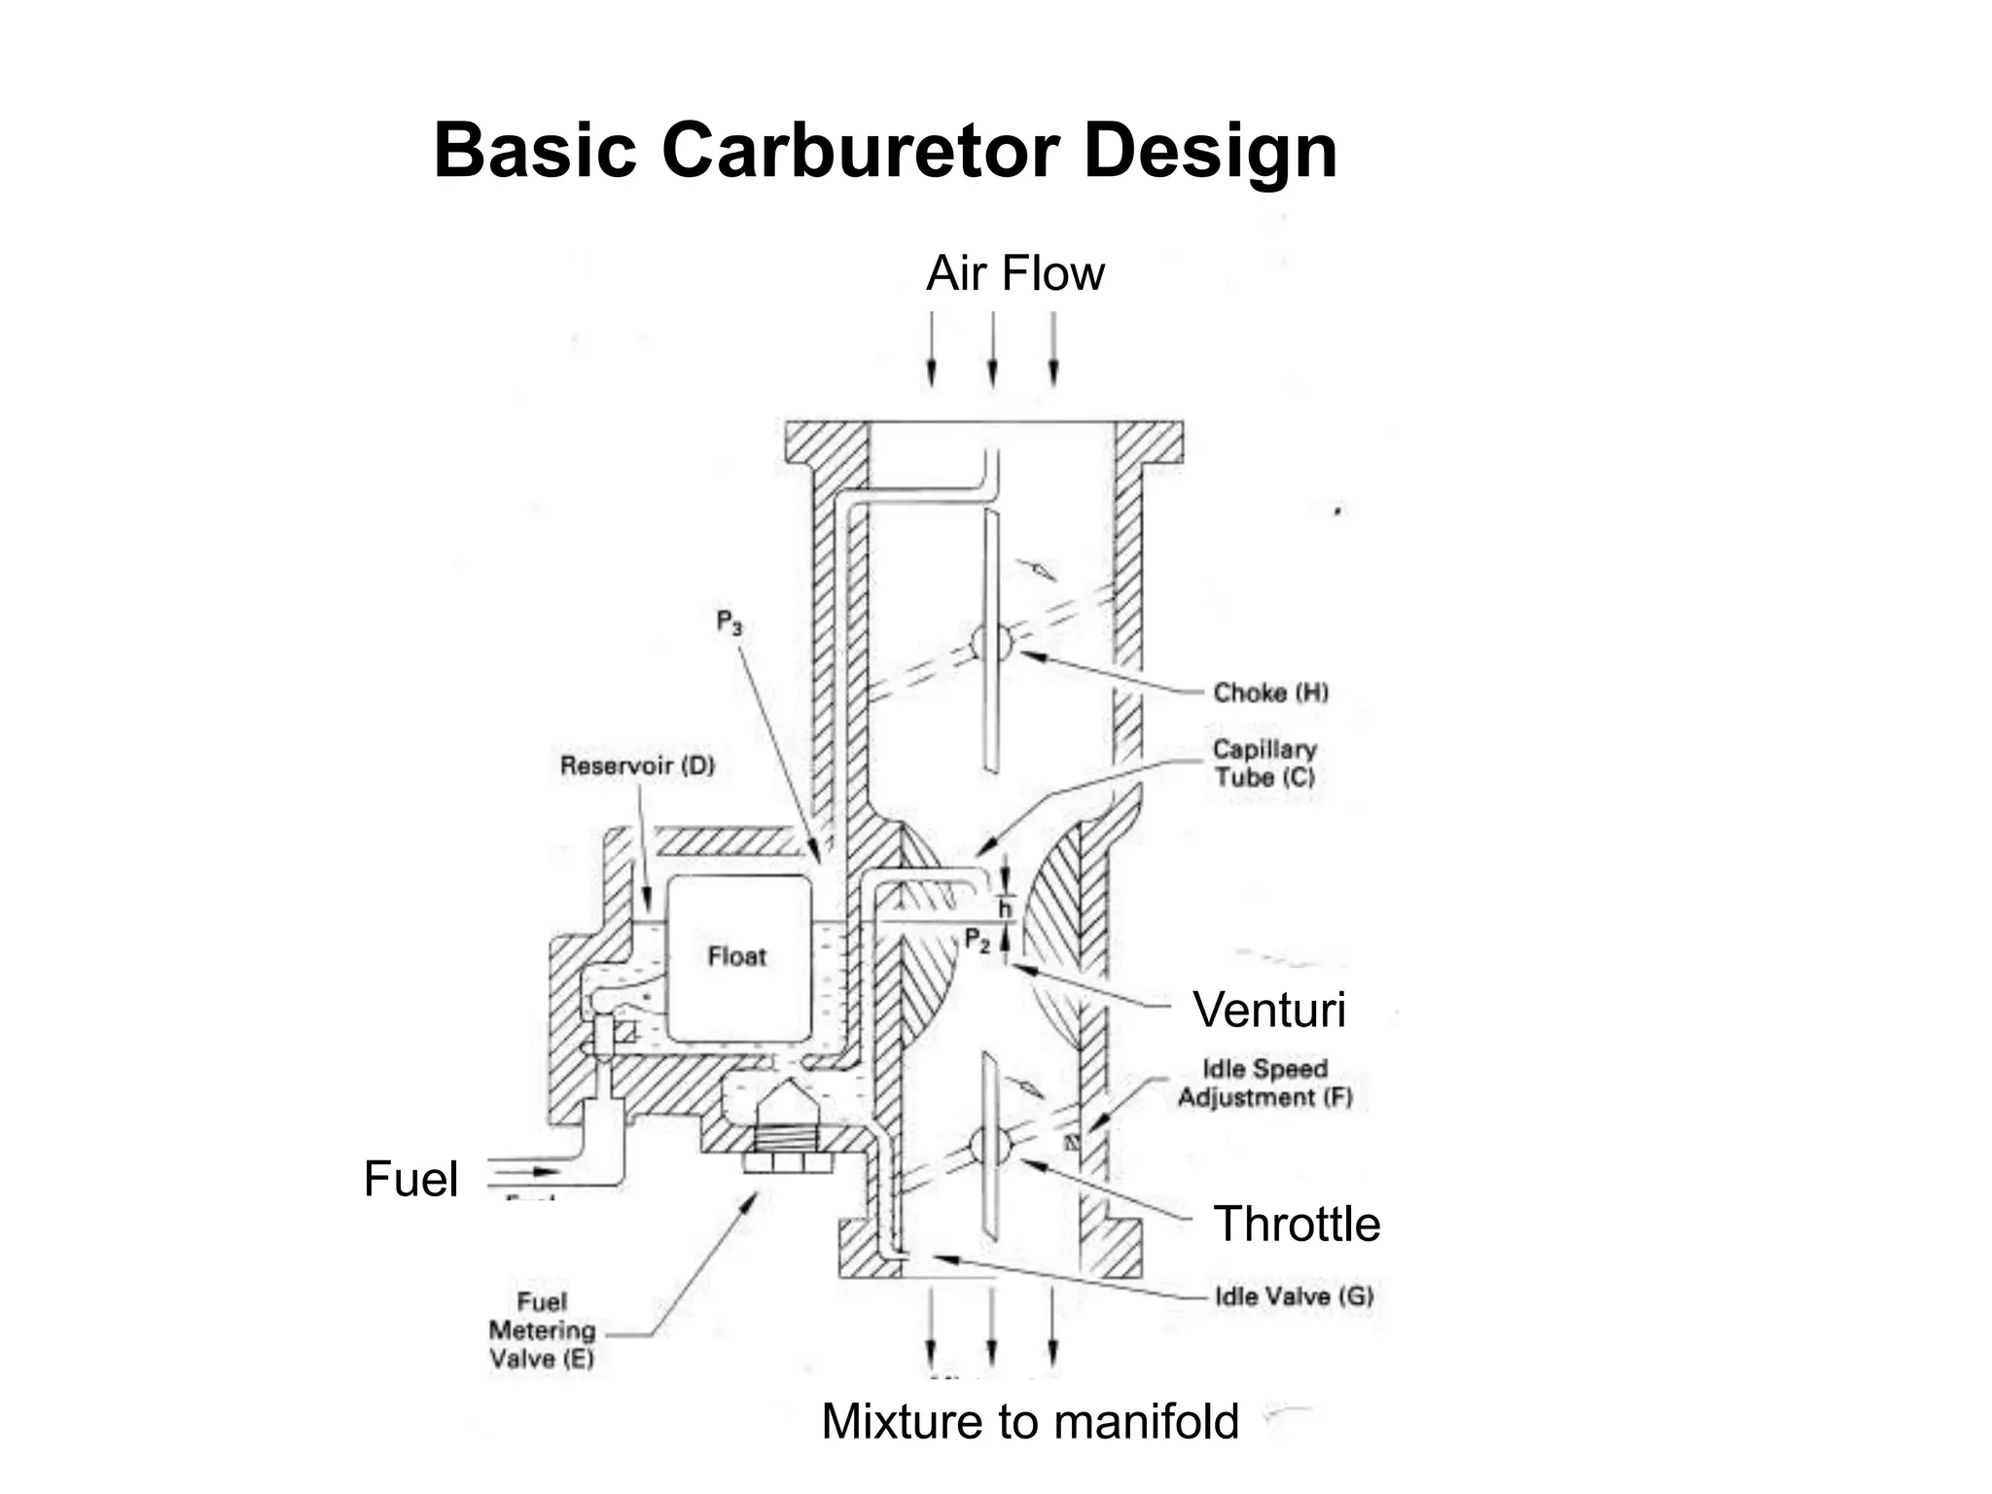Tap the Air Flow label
pyautogui.click(x=1014, y=273)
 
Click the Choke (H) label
pyautogui.click(x=1270, y=693)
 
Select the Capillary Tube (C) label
pyautogui.click(x=1264, y=764)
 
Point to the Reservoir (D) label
pyautogui.click(x=637, y=765)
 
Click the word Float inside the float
pyautogui.click(x=737, y=957)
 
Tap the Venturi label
pyautogui.click(x=1269, y=1010)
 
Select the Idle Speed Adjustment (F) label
pyautogui.click(x=1264, y=1083)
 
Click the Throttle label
pyautogui.click(x=1297, y=1224)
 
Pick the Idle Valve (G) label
pyautogui.click(x=1294, y=1297)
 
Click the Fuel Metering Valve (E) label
pyautogui.click(x=542, y=1331)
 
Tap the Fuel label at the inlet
pyautogui.click(x=410, y=1179)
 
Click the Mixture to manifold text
pyautogui.click(x=1030, y=1421)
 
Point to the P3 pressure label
pyautogui.click(x=729, y=622)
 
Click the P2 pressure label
pyautogui.click(x=977, y=940)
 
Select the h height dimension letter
pyautogui.click(x=1006, y=909)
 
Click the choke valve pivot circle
pyautogui.click(x=992, y=643)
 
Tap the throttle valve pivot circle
pyautogui.click(x=991, y=1146)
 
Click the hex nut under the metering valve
pyautogui.click(x=787, y=1162)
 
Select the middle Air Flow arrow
pyautogui.click(x=992, y=350)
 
